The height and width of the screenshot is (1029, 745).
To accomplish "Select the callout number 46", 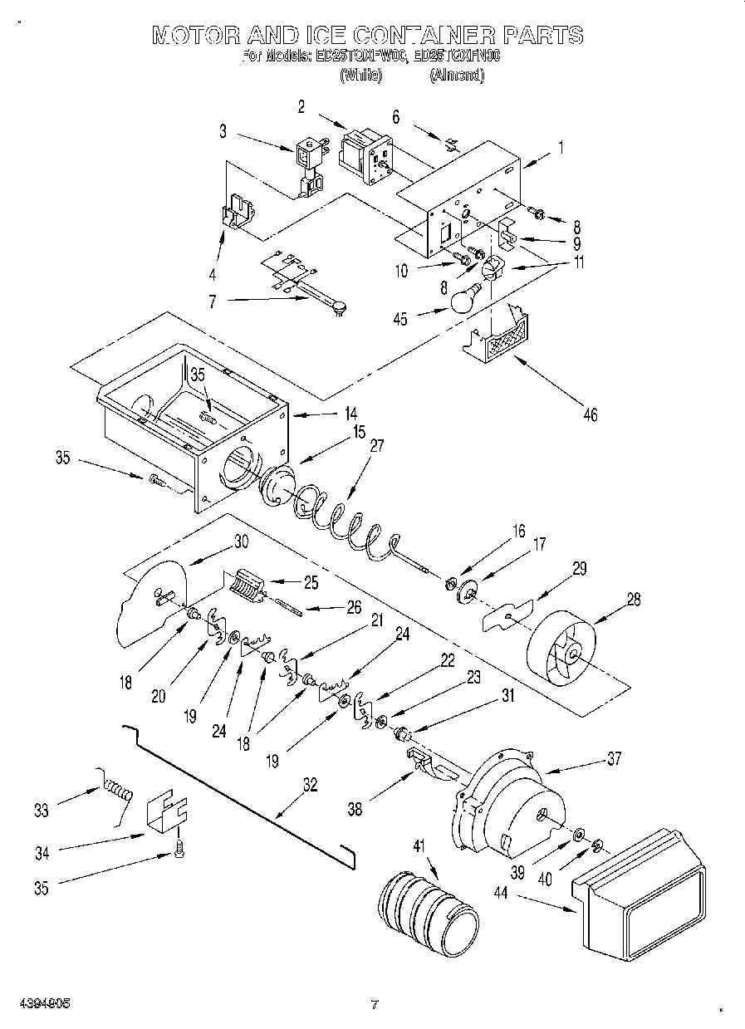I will pos(590,414).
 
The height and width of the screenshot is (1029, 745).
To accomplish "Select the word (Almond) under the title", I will pos(457,75).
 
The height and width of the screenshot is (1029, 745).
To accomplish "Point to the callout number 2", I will pos(301,105).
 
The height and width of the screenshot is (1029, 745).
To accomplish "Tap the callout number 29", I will pos(580,569).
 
